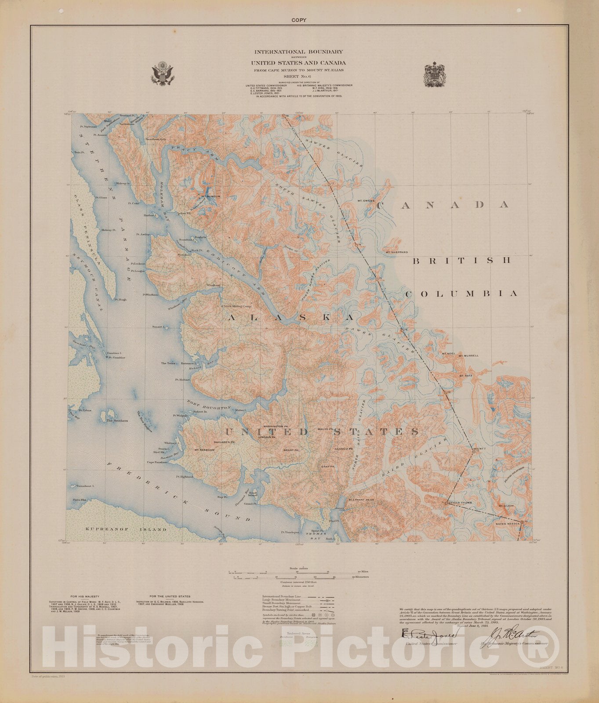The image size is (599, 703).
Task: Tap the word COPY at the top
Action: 299,20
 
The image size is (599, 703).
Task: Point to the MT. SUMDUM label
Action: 210,196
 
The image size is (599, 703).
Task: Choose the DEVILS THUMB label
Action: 460,503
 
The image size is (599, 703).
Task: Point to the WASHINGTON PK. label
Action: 275,427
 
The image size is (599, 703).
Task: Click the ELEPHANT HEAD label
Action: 361,500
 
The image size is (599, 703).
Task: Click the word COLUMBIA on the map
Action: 461,294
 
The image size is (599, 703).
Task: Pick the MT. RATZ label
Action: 466,376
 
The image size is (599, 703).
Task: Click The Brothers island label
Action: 117,420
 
